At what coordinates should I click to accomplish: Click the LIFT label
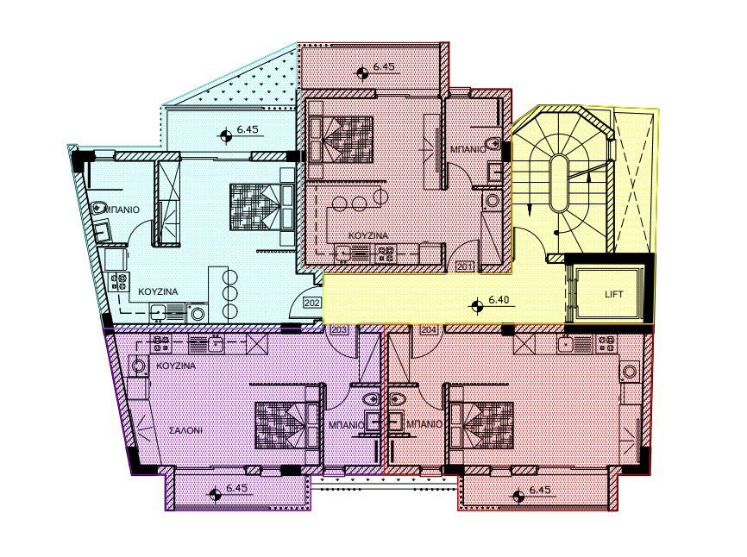[x=614, y=294]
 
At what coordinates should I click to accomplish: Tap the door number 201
[x=465, y=266]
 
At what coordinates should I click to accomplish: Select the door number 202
[x=312, y=304]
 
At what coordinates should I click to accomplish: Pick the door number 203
[x=339, y=329]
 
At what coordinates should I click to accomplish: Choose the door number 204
[x=428, y=329]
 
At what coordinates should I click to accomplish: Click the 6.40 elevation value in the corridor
[x=501, y=301]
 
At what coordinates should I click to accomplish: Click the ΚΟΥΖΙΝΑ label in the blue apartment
[x=159, y=291]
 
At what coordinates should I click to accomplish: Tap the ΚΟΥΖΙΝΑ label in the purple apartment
[x=175, y=366]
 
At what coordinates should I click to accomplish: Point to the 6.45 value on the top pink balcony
[x=383, y=66]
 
